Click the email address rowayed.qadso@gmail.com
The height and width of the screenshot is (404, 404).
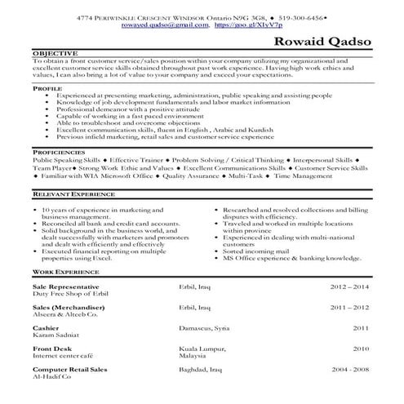165,24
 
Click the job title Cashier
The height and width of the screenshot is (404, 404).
46,326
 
